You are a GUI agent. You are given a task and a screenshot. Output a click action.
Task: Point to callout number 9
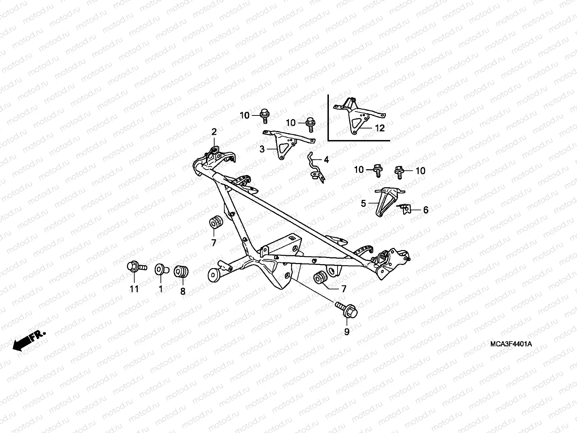347,331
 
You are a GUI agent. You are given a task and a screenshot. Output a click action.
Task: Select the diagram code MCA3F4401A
510,344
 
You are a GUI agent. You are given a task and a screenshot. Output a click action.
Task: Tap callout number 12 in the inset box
380,128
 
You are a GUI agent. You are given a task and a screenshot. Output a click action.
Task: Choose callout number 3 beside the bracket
262,149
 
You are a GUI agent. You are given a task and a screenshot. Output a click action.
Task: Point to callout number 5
364,204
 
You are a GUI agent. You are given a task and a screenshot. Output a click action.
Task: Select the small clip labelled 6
405,209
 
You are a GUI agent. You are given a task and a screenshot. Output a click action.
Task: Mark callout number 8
183,291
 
